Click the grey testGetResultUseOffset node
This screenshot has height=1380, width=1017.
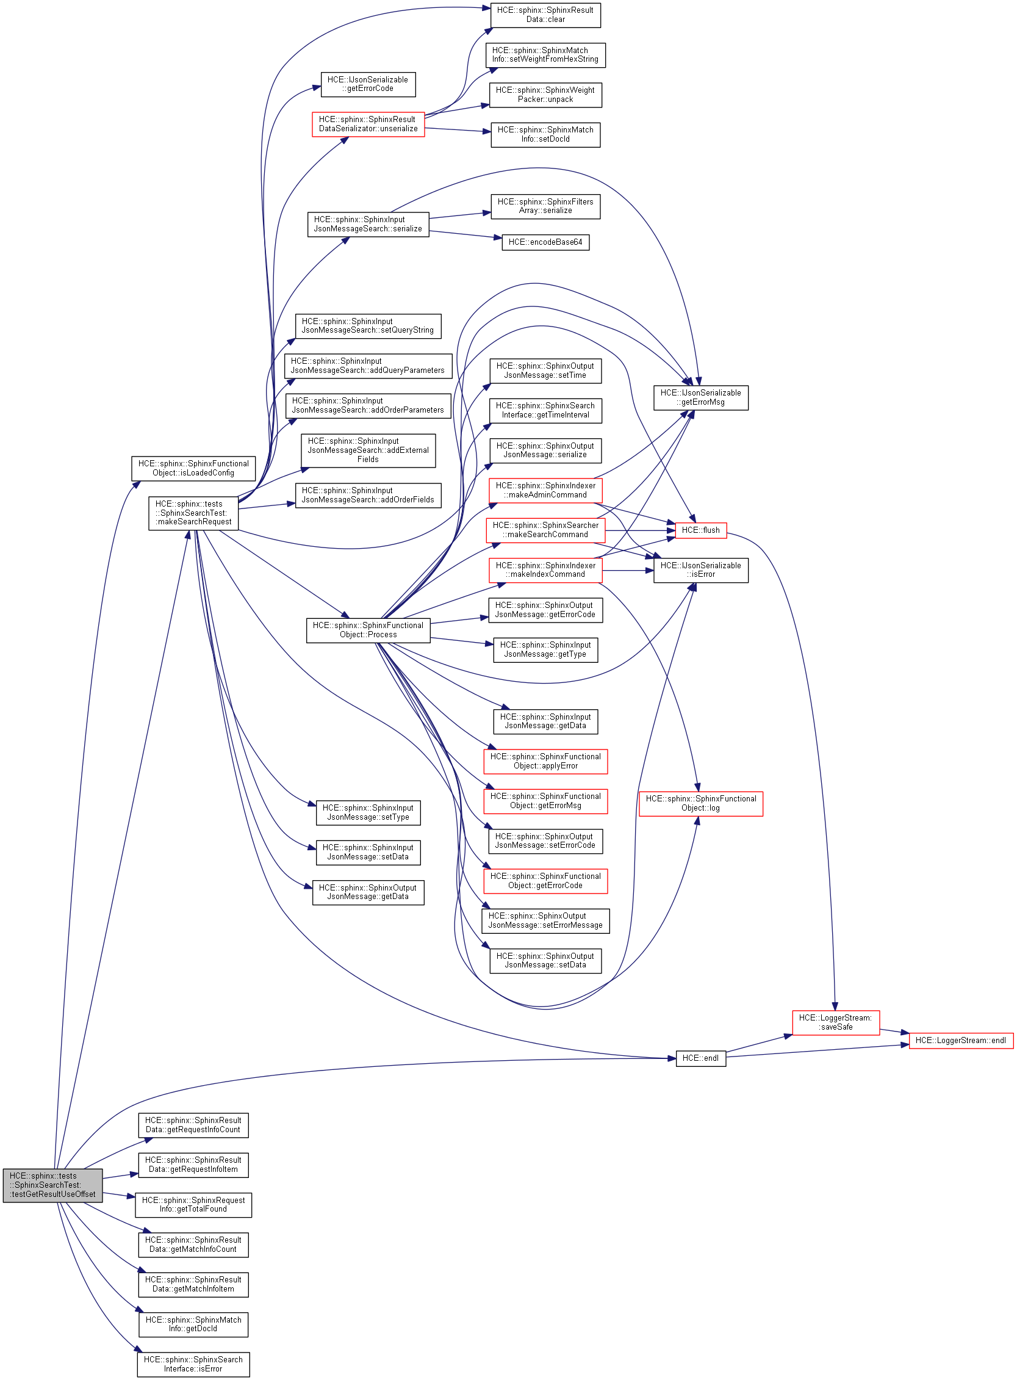point(52,1184)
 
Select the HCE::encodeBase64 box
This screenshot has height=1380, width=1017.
point(545,242)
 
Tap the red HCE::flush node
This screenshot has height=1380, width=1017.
point(700,530)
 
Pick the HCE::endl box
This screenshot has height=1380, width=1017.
point(700,1058)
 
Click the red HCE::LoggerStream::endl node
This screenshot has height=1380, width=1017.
point(960,1040)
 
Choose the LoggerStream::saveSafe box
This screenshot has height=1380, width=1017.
point(835,1022)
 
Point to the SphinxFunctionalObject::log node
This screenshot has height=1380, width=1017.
point(700,803)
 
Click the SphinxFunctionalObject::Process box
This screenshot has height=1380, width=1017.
point(368,630)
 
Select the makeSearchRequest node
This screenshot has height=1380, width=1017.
point(193,513)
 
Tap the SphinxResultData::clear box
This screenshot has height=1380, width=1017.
point(545,15)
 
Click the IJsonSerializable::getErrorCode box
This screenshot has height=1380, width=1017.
point(367,84)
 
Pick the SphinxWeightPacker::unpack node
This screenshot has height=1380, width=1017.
point(545,95)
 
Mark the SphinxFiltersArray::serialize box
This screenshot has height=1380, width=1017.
point(545,206)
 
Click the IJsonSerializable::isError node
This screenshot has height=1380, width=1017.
point(700,570)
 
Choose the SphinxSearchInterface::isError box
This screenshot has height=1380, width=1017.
point(193,1364)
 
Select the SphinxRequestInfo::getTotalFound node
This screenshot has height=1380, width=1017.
point(193,1204)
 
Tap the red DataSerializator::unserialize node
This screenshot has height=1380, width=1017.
point(368,125)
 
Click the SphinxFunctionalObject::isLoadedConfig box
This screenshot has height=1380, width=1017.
point(193,469)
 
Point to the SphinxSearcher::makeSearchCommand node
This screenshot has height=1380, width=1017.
point(545,530)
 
